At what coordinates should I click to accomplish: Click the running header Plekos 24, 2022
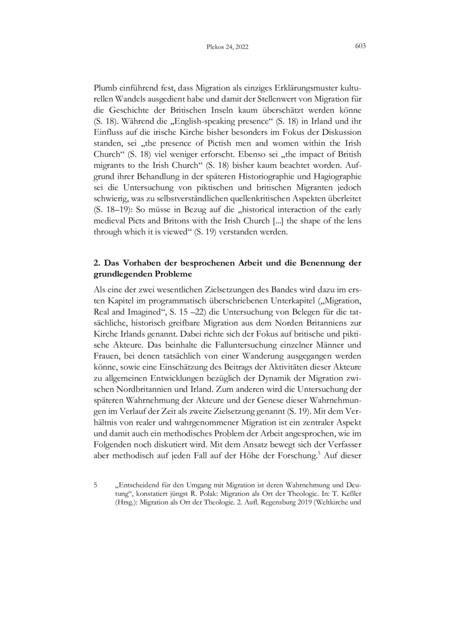pos(227,47)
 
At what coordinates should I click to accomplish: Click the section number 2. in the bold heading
pos(97,262)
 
